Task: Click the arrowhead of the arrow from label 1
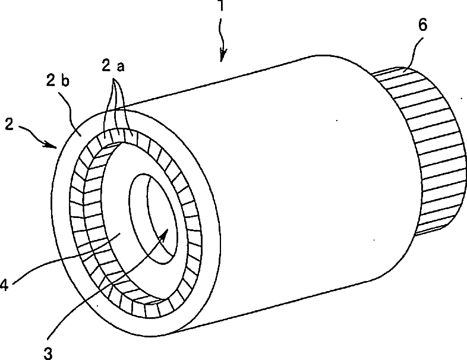coord(222,58)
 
